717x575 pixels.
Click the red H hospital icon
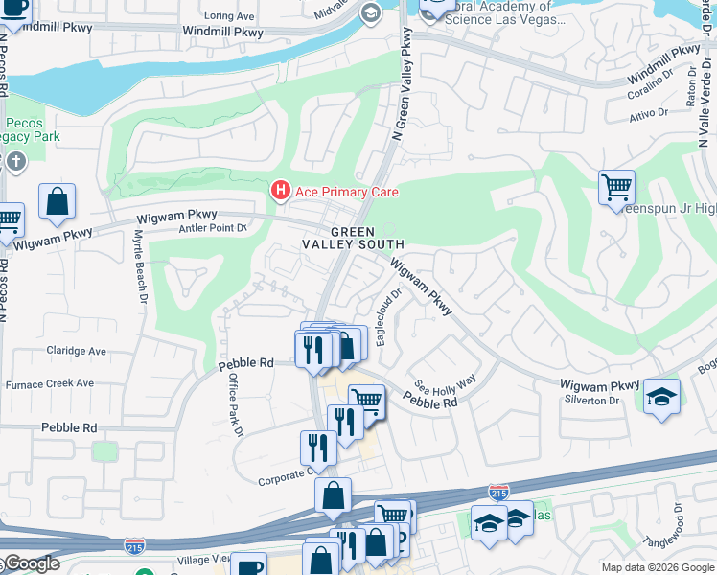coord(280,192)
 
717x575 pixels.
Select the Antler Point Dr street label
coord(214,228)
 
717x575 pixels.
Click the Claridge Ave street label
coord(77,351)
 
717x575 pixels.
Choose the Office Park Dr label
coord(234,403)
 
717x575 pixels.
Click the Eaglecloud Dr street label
coord(387,320)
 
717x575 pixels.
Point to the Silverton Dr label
coord(590,400)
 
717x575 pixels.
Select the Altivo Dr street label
coord(648,112)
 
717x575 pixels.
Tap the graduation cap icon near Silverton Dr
coord(661,397)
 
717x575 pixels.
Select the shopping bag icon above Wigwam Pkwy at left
coord(57,201)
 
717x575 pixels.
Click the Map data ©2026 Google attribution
coord(657,567)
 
